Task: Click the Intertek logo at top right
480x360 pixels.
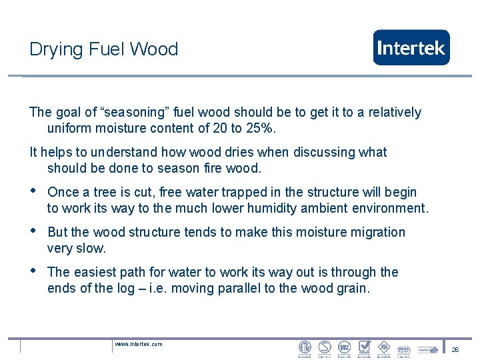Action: pos(411,47)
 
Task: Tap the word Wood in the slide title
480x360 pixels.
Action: pos(154,49)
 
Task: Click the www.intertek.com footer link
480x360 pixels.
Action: pos(139,344)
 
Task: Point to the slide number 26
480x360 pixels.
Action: pos(455,349)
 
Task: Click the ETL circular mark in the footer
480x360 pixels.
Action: pos(305,347)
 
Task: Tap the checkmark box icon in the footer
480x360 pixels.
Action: pos(364,347)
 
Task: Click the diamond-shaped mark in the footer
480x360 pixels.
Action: pos(384,347)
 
